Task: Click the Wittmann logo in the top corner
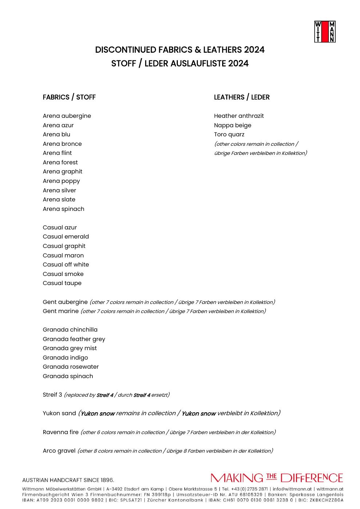(x=325, y=32)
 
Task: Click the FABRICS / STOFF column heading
(x=69, y=97)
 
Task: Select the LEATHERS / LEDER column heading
(x=242, y=97)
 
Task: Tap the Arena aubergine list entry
(x=67, y=116)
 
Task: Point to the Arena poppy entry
(x=61, y=181)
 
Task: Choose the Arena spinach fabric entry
(x=63, y=209)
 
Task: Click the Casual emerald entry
(x=66, y=237)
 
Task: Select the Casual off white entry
(x=66, y=265)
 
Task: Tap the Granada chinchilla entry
(x=70, y=330)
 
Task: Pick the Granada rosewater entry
(x=71, y=367)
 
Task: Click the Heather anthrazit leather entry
(x=239, y=116)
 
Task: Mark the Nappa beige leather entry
(x=233, y=125)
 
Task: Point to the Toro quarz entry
(x=229, y=135)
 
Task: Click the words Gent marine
(x=61, y=311)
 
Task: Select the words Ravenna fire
(x=61, y=432)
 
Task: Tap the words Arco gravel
(x=59, y=451)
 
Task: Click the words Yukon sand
(x=59, y=413)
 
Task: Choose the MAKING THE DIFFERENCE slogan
(x=277, y=478)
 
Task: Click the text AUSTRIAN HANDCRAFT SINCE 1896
(x=68, y=480)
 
